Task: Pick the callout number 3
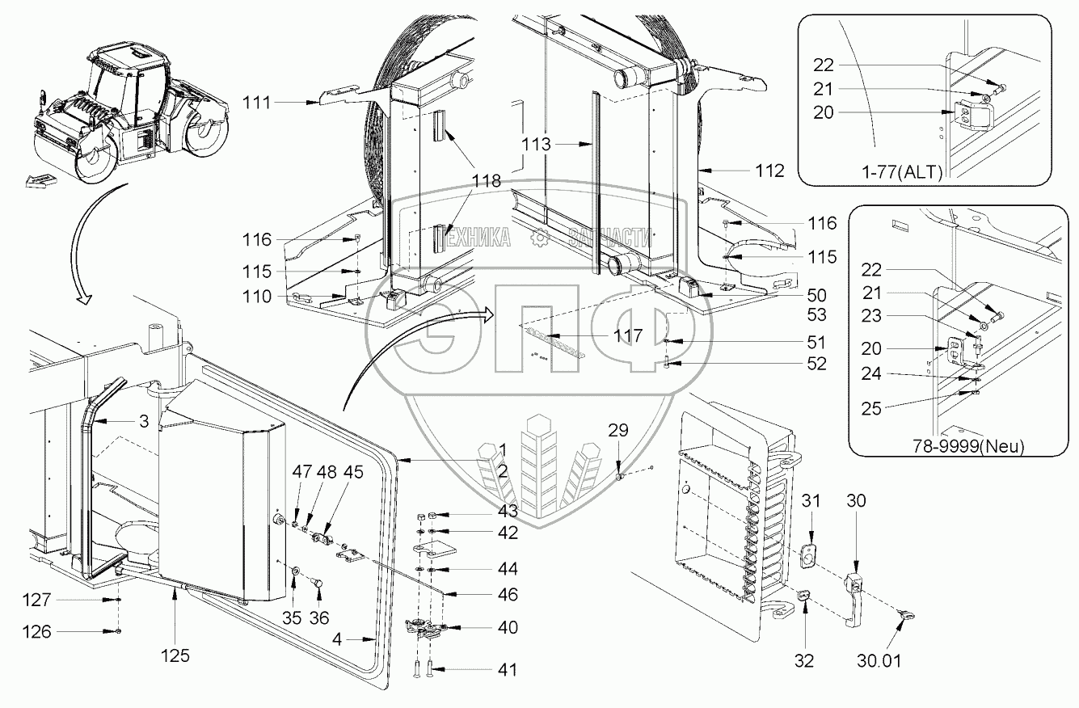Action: pos(142,422)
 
